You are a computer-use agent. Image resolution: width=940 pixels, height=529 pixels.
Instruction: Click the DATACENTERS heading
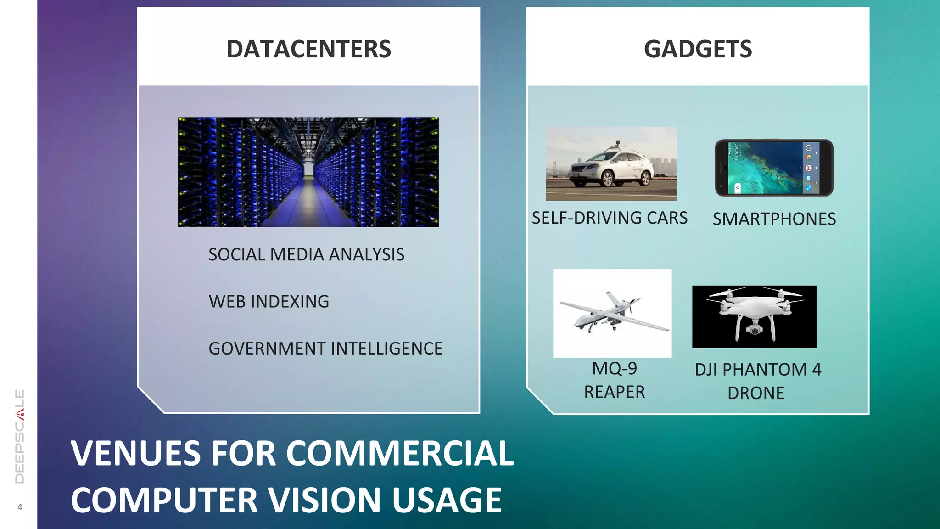tap(308, 49)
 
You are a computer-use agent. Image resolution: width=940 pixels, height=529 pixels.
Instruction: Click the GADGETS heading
tap(698, 49)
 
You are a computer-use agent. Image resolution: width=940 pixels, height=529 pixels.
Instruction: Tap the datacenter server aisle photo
tap(308, 172)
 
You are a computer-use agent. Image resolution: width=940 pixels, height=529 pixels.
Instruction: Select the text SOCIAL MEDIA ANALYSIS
tap(306, 254)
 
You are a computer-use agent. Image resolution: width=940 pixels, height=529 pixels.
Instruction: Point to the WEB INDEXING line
tap(269, 302)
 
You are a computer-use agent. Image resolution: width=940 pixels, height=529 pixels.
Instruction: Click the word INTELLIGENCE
tap(386, 349)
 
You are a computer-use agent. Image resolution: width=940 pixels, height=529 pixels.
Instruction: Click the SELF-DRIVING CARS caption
tap(610, 218)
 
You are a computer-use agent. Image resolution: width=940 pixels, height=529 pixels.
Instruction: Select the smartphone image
tap(774, 168)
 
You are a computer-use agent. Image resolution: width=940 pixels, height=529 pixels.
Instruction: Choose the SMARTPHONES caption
tap(774, 219)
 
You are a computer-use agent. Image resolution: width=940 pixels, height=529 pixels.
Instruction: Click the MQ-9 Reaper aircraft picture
tap(613, 313)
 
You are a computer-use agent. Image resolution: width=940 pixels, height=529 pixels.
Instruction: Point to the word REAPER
tap(614, 392)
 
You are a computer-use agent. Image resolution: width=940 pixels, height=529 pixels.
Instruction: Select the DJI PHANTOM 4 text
tap(758, 370)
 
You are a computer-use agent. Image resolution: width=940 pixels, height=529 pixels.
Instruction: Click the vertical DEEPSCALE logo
tap(20, 436)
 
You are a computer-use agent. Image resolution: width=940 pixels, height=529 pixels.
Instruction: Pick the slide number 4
tap(20, 507)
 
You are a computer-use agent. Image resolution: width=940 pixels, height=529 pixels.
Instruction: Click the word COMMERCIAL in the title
tap(400, 454)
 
